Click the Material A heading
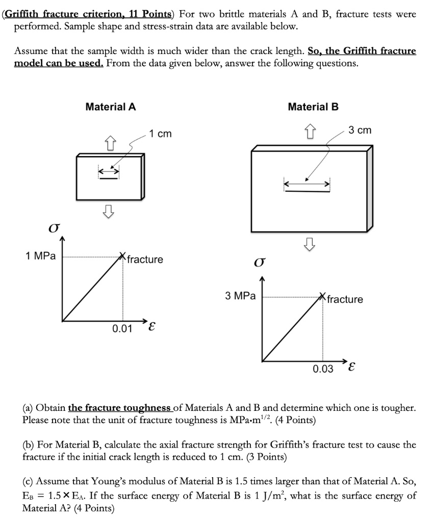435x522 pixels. coord(111,107)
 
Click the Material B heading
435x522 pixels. coord(313,107)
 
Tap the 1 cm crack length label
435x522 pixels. coord(161,134)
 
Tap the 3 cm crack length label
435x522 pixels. coord(361,130)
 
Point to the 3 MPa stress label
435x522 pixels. coord(240,296)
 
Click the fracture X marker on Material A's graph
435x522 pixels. coord(122,256)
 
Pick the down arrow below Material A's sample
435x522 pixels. coord(108,210)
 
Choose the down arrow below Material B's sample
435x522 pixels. coord(309,246)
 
